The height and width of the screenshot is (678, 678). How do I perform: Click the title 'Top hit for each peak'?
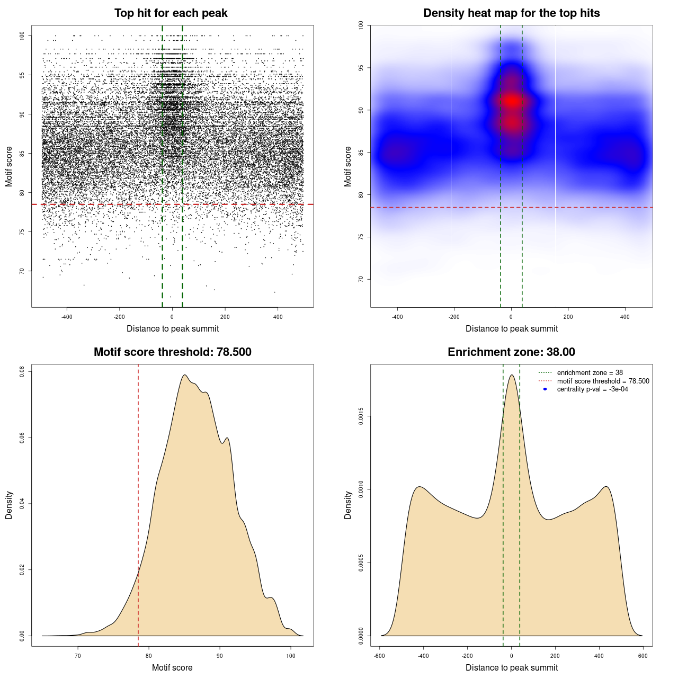171,13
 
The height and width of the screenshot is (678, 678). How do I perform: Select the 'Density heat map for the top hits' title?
511,13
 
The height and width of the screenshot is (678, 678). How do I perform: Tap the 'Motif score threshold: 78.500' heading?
172,352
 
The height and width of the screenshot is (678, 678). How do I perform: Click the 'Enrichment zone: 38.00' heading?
511,352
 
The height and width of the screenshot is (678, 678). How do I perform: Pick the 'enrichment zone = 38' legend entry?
590,373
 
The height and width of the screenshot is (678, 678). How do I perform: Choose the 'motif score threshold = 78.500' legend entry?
603,381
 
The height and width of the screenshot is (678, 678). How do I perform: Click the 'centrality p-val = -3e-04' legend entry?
592,389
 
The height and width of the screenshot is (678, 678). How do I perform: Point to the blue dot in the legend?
545,389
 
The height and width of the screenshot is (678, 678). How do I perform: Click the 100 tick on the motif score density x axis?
291,656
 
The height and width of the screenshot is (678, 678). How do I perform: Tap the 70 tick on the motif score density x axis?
78,656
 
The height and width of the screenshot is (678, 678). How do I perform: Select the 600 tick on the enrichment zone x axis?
643,656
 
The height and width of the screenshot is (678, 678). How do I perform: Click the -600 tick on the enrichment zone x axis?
379,656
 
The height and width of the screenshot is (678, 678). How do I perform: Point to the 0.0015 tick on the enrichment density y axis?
361,416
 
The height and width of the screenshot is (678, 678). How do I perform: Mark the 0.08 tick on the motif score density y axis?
22,372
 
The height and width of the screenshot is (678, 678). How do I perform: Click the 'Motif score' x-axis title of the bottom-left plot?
172,667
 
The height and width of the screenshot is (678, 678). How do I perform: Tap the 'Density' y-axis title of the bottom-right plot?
348,505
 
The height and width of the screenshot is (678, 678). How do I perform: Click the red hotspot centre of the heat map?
512,101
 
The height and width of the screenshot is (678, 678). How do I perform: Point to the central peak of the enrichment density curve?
512,375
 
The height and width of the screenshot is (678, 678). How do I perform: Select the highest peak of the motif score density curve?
184,375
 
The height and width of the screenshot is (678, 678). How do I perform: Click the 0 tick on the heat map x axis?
511,317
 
